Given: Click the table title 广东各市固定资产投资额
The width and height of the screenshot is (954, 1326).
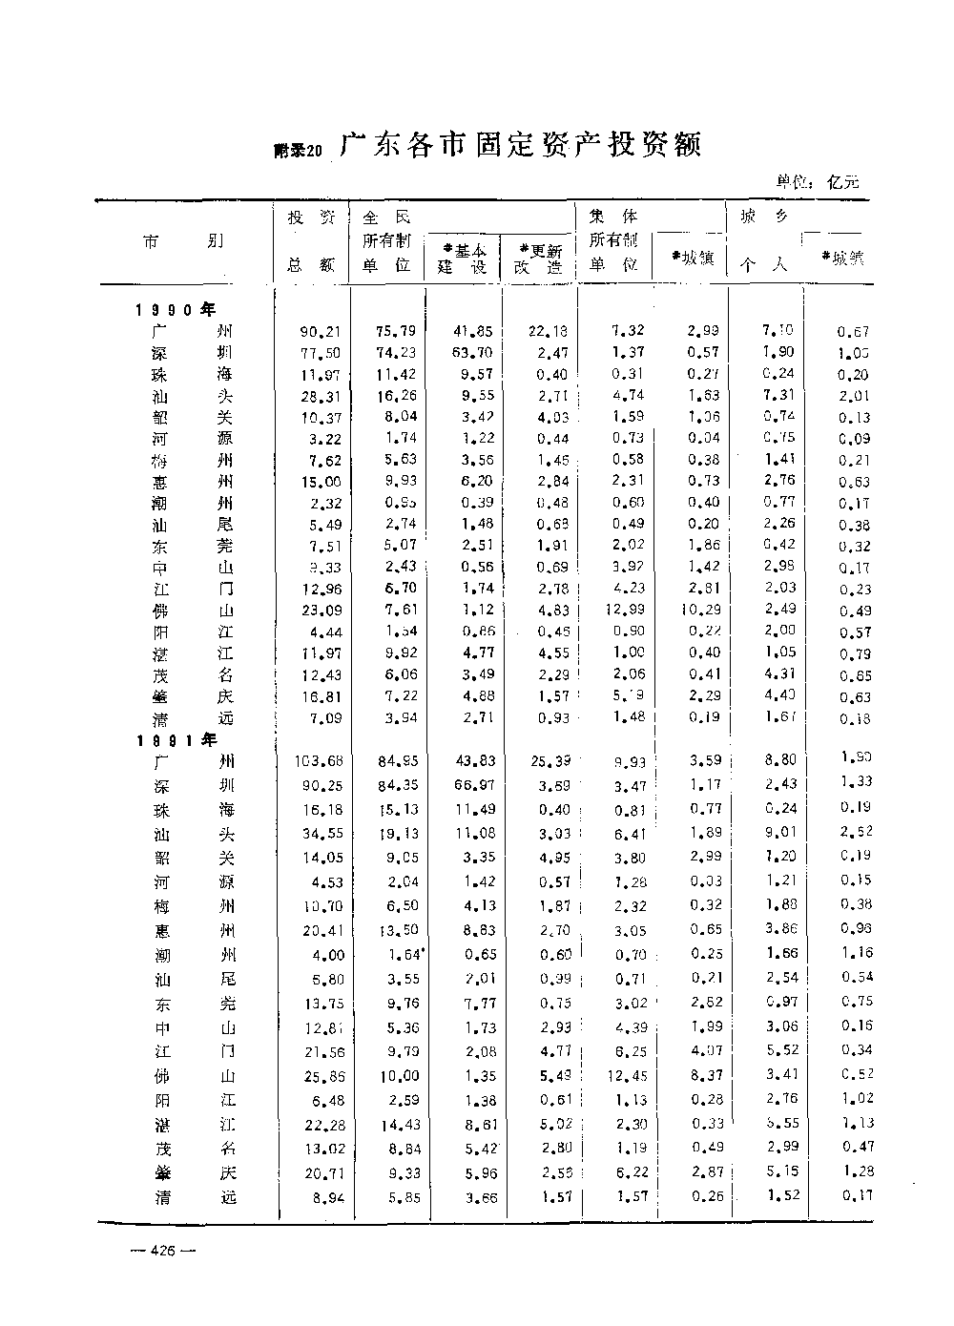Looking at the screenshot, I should [521, 146].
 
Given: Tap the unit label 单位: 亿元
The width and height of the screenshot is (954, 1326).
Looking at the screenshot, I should [818, 181].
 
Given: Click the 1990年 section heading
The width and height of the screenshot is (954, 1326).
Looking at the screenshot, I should [176, 310].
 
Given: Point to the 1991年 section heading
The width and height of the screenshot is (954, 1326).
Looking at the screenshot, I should [176, 739].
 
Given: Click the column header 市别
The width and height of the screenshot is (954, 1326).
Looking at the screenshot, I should [184, 241].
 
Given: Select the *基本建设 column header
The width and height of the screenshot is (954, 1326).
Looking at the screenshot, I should [463, 258].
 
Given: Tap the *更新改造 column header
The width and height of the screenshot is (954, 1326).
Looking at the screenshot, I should [538, 258].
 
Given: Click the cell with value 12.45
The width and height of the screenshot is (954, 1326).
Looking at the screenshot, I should [626, 1077].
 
